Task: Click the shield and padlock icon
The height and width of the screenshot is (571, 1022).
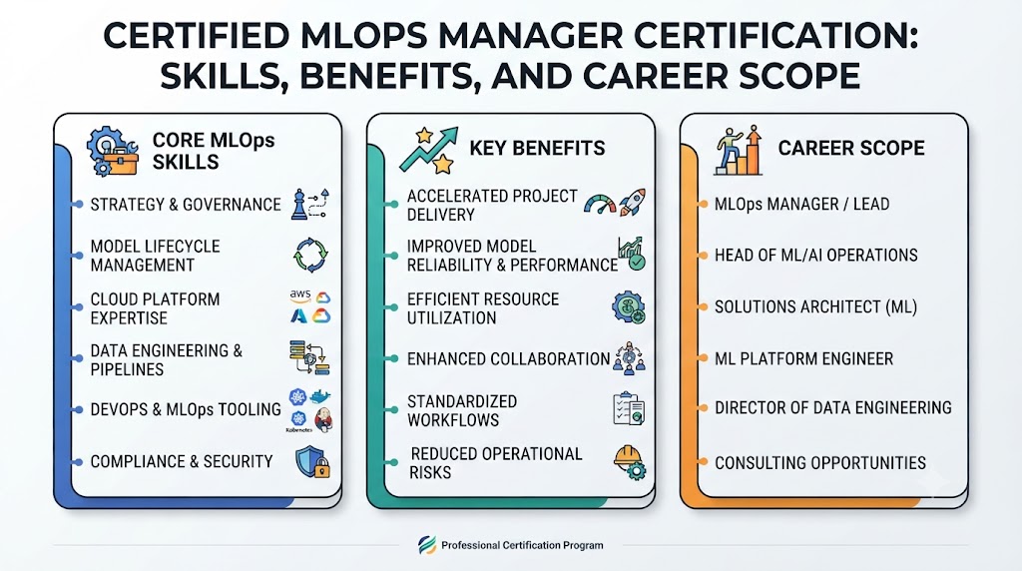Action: point(312,462)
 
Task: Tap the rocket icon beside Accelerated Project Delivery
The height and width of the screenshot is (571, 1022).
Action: point(632,203)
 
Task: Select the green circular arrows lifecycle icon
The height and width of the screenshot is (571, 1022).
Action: point(310,255)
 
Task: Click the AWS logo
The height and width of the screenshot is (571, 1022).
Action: point(299,295)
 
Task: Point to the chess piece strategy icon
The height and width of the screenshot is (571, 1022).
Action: point(299,204)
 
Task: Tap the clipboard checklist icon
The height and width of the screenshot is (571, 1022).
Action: point(629,408)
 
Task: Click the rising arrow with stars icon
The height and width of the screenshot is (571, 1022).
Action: point(429,151)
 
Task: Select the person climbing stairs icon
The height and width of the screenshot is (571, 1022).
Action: point(739,150)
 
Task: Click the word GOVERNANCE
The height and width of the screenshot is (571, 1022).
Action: point(232,205)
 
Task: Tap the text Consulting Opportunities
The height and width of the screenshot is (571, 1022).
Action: point(820,463)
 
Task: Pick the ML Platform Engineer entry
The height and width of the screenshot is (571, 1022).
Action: point(803,358)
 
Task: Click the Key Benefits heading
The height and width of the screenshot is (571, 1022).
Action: point(537,148)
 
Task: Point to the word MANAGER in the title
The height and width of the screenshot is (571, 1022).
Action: point(530,36)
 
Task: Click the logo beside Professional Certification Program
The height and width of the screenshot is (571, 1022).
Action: point(427,545)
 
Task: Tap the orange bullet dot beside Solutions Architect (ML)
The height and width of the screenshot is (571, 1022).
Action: point(703,307)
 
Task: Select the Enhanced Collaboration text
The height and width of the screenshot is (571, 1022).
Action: point(508,359)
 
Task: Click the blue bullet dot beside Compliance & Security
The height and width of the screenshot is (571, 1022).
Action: point(78,462)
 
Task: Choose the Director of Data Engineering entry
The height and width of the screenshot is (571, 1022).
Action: point(833,408)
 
